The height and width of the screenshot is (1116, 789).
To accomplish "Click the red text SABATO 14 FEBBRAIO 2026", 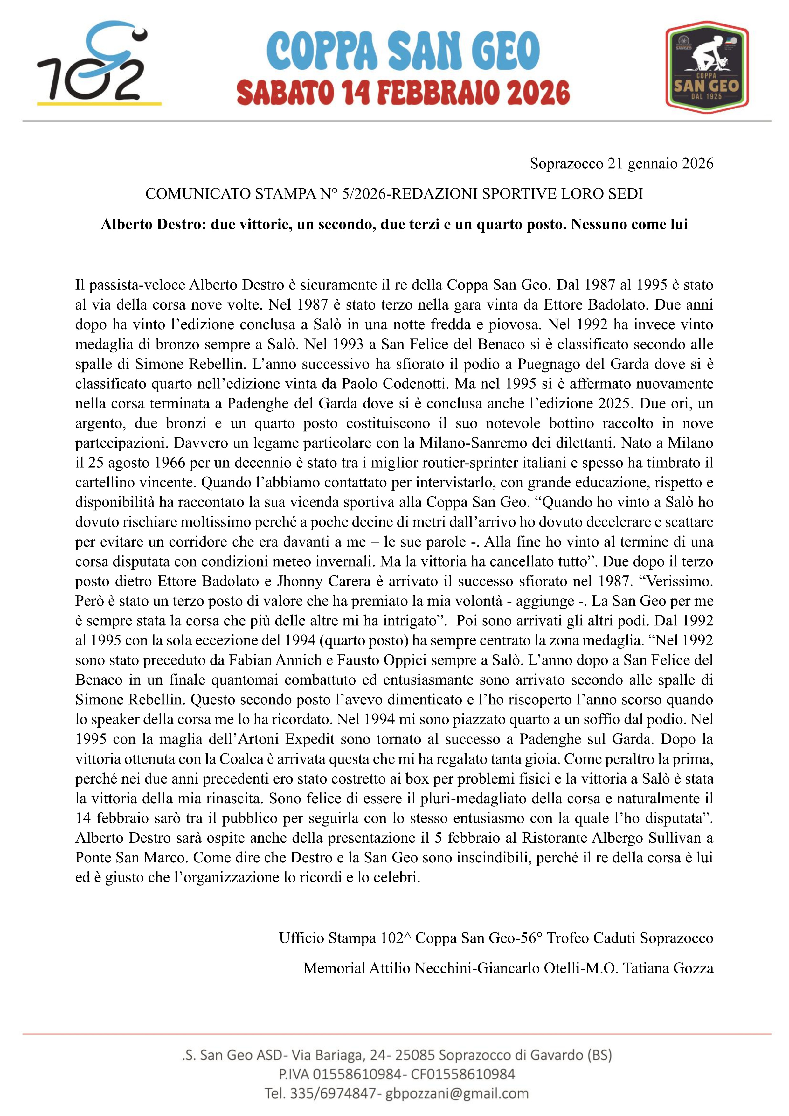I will coord(403,93).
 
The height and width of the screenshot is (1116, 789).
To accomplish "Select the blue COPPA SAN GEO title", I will coord(403,51).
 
